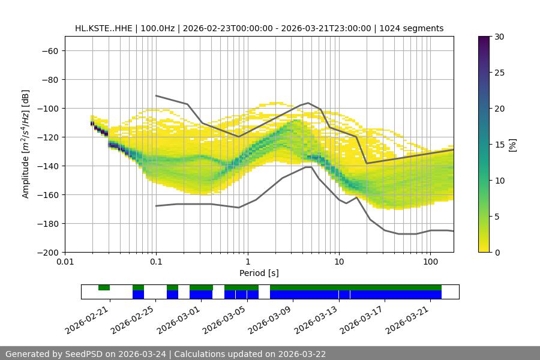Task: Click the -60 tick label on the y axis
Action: (49, 50)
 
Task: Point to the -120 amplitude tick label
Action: (47, 137)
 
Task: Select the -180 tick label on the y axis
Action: (47, 223)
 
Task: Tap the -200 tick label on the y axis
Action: (47, 252)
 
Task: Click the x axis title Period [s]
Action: (259, 273)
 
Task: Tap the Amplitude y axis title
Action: (26, 144)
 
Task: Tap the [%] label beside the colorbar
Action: (512, 145)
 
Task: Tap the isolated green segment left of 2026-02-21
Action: (104, 287)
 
